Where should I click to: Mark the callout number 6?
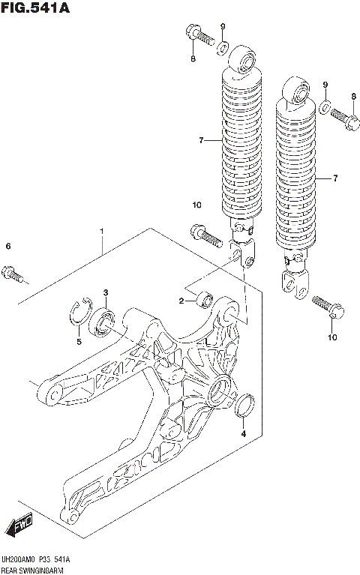coord(8,246)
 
